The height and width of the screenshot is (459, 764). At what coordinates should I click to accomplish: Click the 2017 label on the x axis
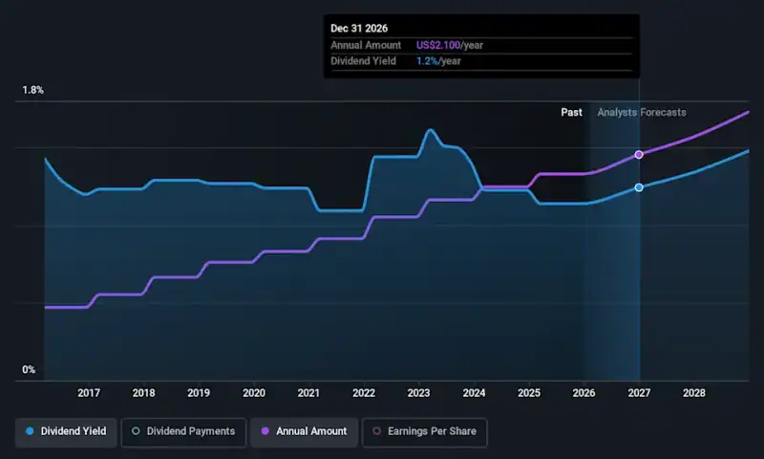coord(89,393)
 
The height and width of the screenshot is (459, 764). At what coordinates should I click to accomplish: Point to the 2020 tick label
coord(254,393)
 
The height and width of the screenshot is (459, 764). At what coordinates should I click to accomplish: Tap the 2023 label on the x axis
coord(418,393)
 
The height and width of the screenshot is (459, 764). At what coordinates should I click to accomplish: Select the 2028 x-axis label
coord(694,393)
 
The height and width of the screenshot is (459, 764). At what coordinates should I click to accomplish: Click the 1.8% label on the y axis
coord(33,91)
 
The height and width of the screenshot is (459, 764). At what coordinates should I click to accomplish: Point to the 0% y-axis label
coord(29,370)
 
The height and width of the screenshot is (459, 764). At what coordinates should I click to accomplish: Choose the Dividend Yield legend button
coord(66,431)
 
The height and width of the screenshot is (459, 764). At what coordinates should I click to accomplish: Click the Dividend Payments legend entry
coord(182,431)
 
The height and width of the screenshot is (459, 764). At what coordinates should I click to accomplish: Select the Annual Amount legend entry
coord(304,431)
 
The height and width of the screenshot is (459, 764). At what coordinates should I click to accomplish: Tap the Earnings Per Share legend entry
coord(426,431)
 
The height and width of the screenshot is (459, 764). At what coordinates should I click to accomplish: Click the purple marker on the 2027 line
coord(639,154)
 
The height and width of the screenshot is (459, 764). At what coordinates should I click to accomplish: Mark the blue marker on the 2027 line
coord(639,187)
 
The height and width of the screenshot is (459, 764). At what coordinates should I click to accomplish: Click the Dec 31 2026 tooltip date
coord(360,30)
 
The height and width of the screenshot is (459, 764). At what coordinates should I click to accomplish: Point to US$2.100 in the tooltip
coord(437,46)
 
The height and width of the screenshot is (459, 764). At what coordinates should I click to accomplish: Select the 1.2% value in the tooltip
coord(429,62)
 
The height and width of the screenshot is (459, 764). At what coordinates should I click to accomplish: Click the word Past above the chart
coord(571,113)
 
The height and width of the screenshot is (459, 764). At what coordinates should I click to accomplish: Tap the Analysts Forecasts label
coord(642,113)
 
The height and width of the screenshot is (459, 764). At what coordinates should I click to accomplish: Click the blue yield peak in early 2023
coord(431,129)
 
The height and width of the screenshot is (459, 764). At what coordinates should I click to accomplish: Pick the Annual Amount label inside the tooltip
coord(366,46)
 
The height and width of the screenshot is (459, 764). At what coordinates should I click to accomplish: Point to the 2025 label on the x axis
coord(529,393)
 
